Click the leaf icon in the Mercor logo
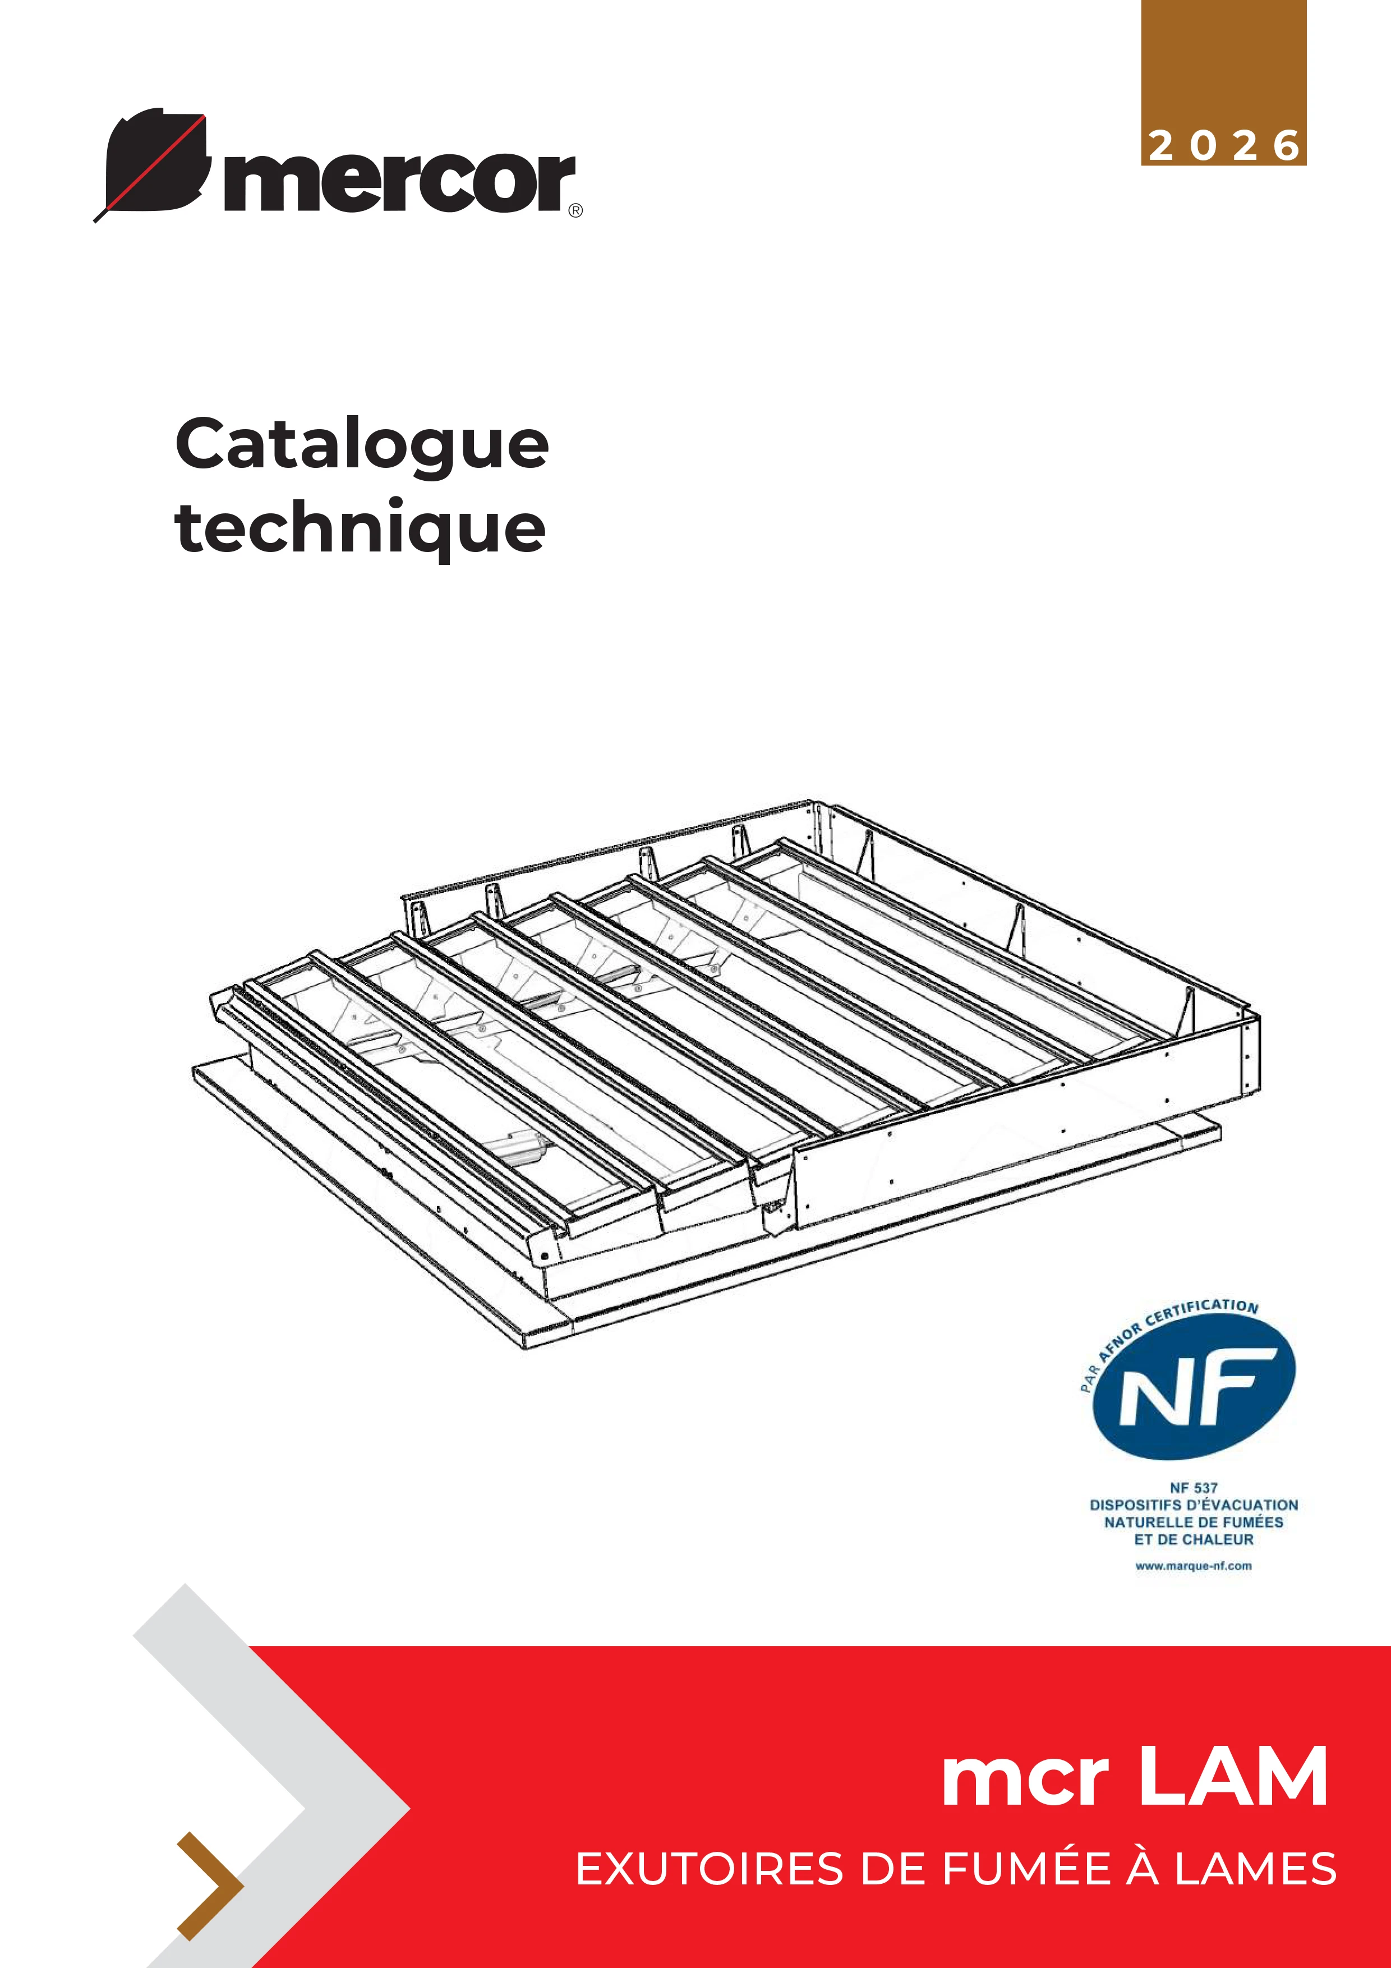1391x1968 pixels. tap(154, 163)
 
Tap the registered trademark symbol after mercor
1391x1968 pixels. tap(576, 210)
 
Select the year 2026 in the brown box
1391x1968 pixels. tap(1224, 146)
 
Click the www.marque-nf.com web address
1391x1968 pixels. tap(1193, 1566)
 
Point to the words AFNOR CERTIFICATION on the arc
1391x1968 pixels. tap(1175, 1325)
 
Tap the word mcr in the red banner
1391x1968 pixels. tap(1025, 1783)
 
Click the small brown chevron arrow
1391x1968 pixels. tap(210, 1886)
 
